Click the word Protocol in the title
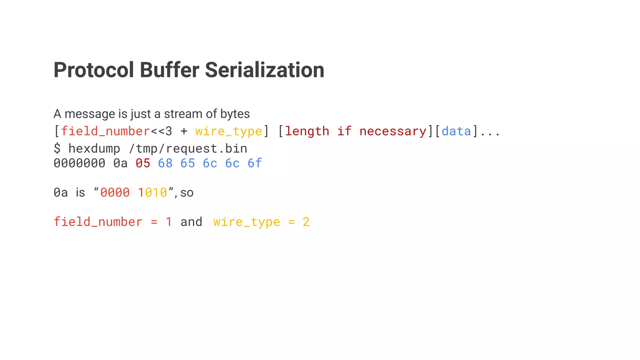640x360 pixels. click(x=94, y=70)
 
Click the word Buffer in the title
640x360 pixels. click(x=169, y=70)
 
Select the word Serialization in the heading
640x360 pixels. click(x=264, y=70)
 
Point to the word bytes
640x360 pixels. click(x=235, y=114)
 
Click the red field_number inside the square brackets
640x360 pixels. click(x=105, y=131)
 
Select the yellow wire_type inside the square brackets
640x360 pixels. click(x=228, y=131)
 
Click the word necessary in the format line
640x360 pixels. click(x=393, y=131)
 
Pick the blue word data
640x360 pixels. click(x=456, y=131)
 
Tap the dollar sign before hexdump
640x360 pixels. click(x=57, y=148)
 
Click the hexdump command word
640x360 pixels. click(x=94, y=148)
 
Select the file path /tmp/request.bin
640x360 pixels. click(x=188, y=148)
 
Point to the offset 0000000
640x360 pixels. click(x=79, y=163)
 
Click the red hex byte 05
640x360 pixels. click(x=143, y=163)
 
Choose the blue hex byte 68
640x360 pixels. click(x=165, y=163)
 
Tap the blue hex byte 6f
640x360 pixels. click(x=255, y=163)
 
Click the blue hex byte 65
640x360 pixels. click(x=187, y=163)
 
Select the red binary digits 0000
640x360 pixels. click(x=115, y=192)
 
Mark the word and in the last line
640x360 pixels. click(x=191, y=222)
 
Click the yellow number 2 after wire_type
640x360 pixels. click(x=306, y=222)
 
